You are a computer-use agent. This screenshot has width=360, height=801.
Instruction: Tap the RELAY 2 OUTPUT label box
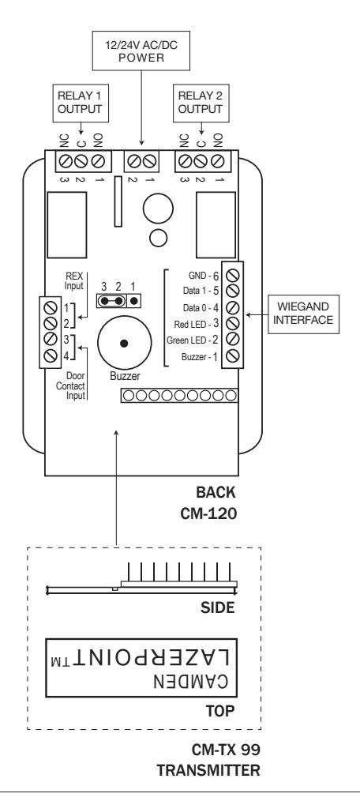click(201, 103)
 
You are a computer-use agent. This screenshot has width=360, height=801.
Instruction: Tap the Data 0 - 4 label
click(201, 308)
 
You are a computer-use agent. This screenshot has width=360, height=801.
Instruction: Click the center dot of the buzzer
click(124, 344)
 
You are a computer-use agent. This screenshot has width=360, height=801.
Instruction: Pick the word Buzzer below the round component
click(125, 376)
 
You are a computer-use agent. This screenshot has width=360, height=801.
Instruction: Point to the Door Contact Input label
click(71, 387)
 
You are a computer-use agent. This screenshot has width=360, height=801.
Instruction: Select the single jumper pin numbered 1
click(134, 300)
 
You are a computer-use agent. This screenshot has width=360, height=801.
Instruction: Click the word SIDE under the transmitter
click(219, 607)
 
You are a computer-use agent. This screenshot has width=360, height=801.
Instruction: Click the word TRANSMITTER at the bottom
click(208, 770)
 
